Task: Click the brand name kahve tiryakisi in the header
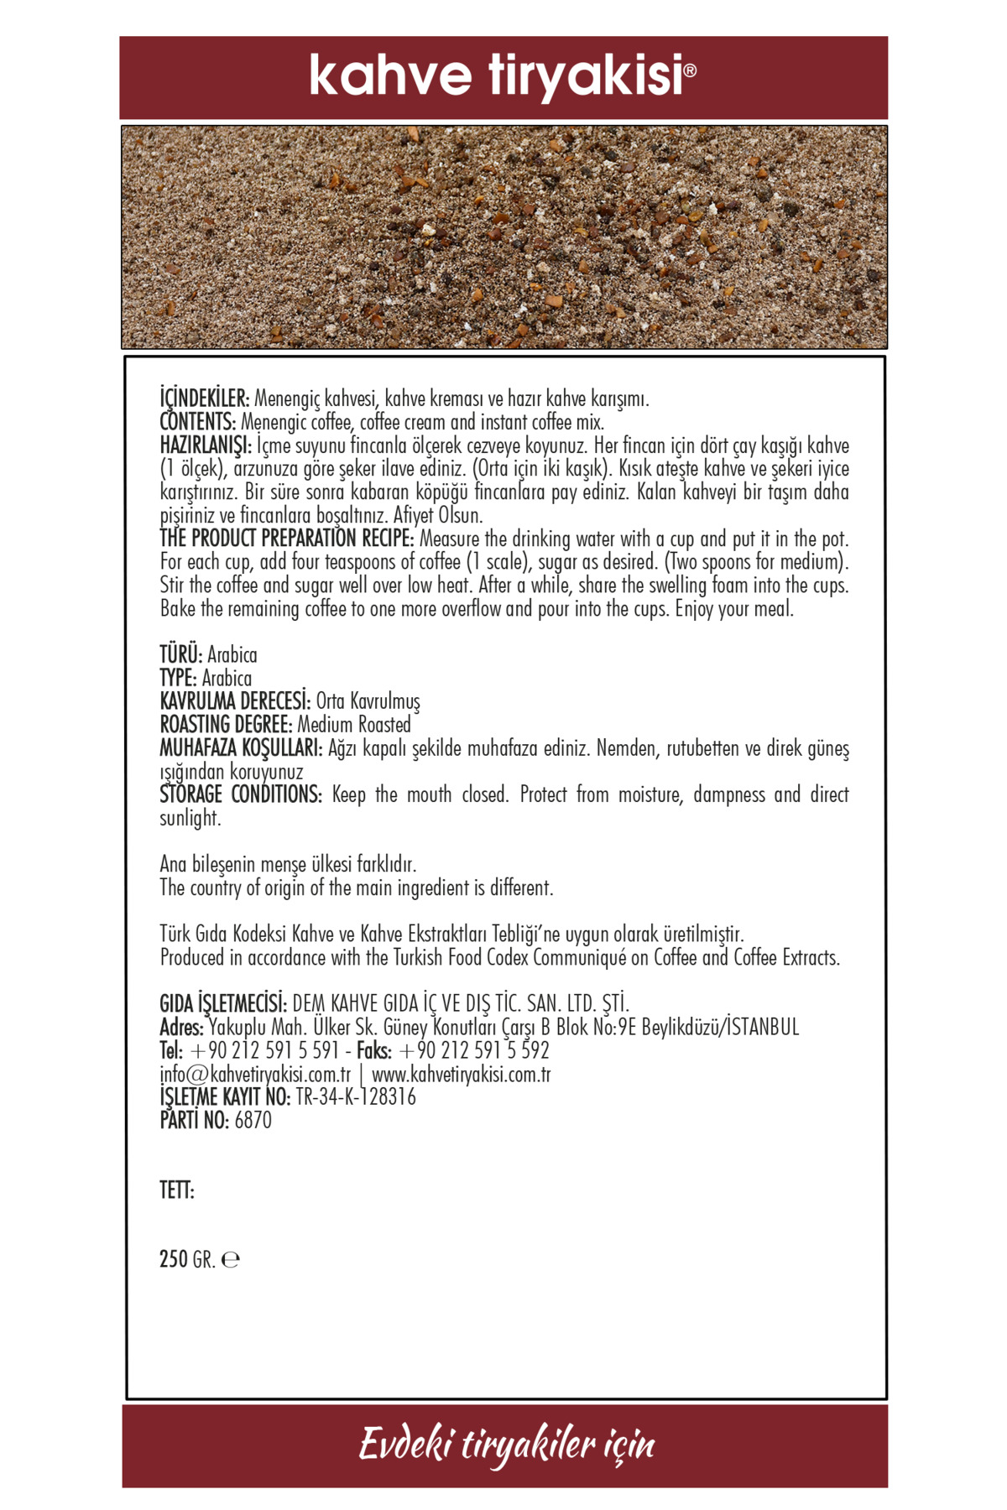[x=496, y=76]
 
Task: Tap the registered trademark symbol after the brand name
[x=691, y=71]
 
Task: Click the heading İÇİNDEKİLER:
[x=205, y=398]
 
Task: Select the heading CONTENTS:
[x=198, y=421]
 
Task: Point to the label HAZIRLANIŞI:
[x=206, y=445]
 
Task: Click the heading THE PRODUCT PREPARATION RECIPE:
[x=287, y=539]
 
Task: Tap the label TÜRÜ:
[x=181, y=654]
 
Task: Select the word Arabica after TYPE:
[x=227, y=678]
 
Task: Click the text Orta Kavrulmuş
[x=368, y=701]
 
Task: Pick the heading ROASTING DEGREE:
[x=226, y=725]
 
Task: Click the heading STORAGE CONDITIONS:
[x=241, y=794]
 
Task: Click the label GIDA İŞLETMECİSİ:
[x=223, y=1003]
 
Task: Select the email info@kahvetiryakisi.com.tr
[x=255, y=1075]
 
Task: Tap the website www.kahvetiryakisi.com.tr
[x=461, y=1075]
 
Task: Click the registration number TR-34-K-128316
[x=356, y=1097]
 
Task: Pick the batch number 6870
[x=253, y=1121]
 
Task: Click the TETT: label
[x=177, y=1190]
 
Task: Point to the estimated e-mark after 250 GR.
[x=231, y=1260]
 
